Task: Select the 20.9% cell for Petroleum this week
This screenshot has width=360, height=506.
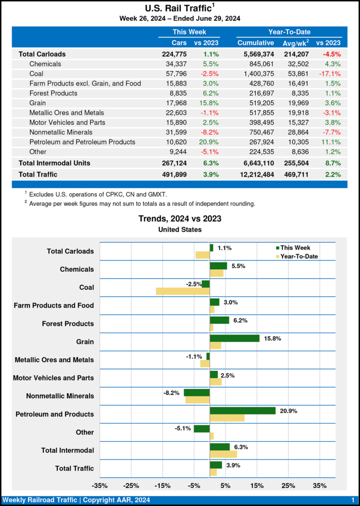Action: [209, 142]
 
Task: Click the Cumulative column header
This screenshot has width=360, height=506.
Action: [255, 43]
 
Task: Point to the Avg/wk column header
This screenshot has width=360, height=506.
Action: [296, 43]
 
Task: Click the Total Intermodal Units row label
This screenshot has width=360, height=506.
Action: [54, 163]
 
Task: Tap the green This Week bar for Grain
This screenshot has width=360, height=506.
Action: [234, 338]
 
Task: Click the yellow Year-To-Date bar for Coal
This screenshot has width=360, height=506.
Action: [182, 291]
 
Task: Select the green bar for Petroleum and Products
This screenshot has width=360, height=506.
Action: [242, 411]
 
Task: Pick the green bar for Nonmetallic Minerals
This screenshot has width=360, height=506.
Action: [196, 392]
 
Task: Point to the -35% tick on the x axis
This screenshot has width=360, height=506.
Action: [100, 485]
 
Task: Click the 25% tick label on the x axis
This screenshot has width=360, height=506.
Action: [288, 485]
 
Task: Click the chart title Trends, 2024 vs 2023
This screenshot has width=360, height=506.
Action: [180, 218]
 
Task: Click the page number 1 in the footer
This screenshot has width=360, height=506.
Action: [352, 500]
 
